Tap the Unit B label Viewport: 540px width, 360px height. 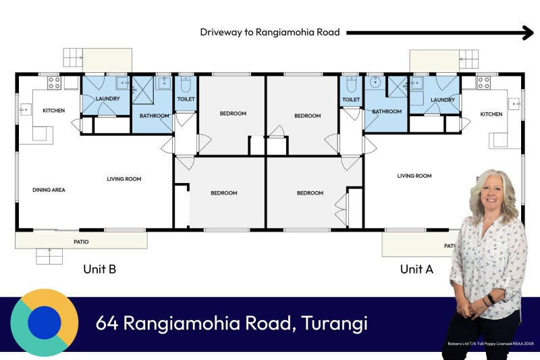[x=99, y=269]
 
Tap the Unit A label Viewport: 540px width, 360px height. [x=416, y=269]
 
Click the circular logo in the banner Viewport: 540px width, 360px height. [x=45, y=322]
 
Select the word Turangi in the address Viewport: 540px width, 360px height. [x=334, y=323]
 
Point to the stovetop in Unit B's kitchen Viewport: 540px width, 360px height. [x=55, y=82]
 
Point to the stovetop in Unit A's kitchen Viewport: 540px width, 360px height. [x=483, y=82]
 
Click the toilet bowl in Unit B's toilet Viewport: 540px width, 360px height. [x=186, y=84]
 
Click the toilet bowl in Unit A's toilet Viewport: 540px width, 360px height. [x=351, y=84]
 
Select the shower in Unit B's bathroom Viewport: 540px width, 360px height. [x=143, y=91]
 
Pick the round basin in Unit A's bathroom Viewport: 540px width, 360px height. [x=375, y=82]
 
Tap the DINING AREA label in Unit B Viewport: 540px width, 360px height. [x=49, y=190]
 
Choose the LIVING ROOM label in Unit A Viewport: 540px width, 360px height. [x=414, y=176]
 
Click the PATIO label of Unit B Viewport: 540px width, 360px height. [x=81, y=242]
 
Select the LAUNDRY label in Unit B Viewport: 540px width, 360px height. [x=108, y=99]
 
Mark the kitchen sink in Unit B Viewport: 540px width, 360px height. [x=25, y=109]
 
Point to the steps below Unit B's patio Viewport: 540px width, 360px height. [x=49, y=256]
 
